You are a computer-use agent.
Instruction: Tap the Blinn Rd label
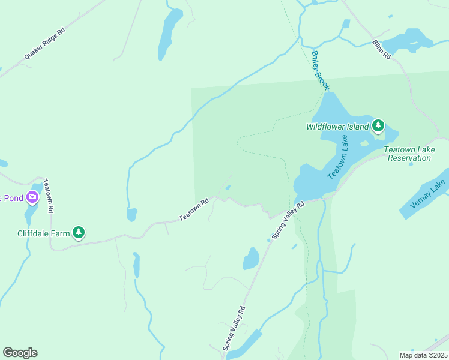381,49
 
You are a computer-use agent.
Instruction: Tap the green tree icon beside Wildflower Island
378,126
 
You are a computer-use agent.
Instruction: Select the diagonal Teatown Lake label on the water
337,157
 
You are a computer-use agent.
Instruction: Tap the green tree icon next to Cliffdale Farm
78,232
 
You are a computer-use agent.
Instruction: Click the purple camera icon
32,196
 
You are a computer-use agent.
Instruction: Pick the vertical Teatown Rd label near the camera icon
49,196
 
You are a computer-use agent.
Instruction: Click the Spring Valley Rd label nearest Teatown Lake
288,220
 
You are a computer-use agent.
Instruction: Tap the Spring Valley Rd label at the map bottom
234,328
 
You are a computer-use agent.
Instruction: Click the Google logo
20,353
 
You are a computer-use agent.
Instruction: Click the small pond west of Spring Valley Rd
251,259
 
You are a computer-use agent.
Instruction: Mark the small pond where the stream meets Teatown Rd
131,214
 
